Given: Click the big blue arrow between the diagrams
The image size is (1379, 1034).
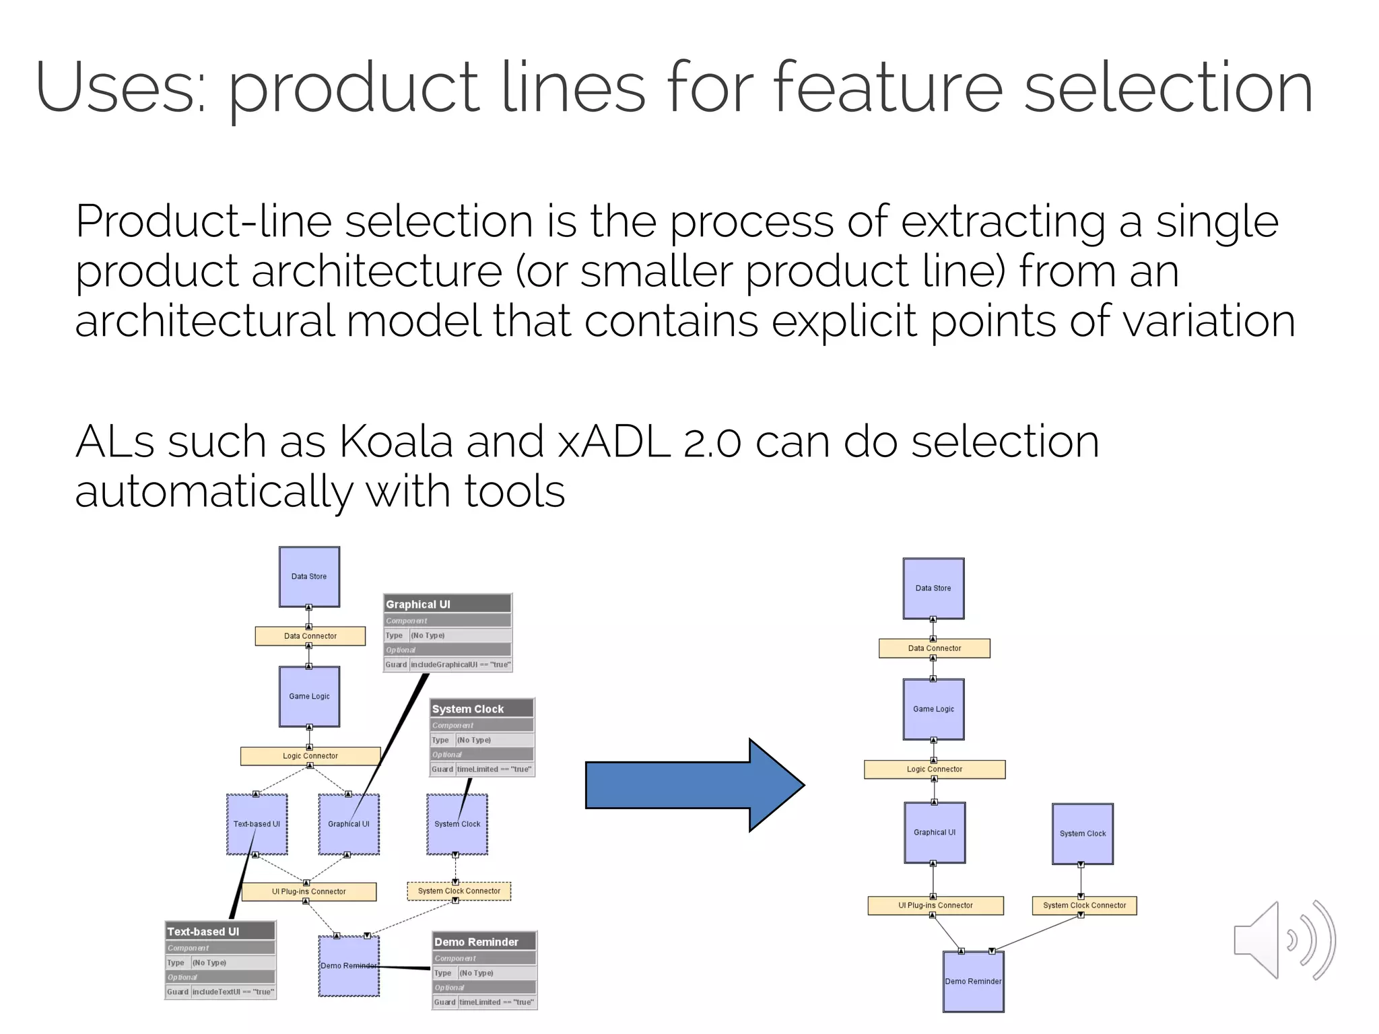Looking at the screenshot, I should pos(694,785).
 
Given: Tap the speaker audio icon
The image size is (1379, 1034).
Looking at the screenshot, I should pos(1283,940).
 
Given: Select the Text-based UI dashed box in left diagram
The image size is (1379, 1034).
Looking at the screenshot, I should pos(257,824).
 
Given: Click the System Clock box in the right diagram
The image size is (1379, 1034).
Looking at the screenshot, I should pos(1082,833).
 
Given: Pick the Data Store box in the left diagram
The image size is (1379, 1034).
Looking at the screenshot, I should pos(309,576).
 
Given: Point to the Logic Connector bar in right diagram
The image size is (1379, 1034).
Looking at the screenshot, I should pos(934,769).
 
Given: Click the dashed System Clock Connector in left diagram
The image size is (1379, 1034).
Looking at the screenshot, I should pos(459,891).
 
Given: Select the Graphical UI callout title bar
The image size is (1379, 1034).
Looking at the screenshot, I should pos(447,604).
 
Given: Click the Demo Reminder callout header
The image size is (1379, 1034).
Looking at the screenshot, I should pos(483,942).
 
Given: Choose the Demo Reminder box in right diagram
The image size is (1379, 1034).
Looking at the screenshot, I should pos(973,981).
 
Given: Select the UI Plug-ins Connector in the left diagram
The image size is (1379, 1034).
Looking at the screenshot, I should pos(308,891).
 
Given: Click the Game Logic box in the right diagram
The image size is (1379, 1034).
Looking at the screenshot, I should pos(933,709).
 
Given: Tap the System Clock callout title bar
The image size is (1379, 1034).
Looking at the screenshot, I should pos(481,709).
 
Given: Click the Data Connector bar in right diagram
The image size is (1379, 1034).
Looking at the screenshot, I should pos(934,648).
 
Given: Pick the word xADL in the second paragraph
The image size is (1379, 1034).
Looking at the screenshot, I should pos(613,442).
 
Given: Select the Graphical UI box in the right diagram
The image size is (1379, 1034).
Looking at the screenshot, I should pos(934,832).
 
